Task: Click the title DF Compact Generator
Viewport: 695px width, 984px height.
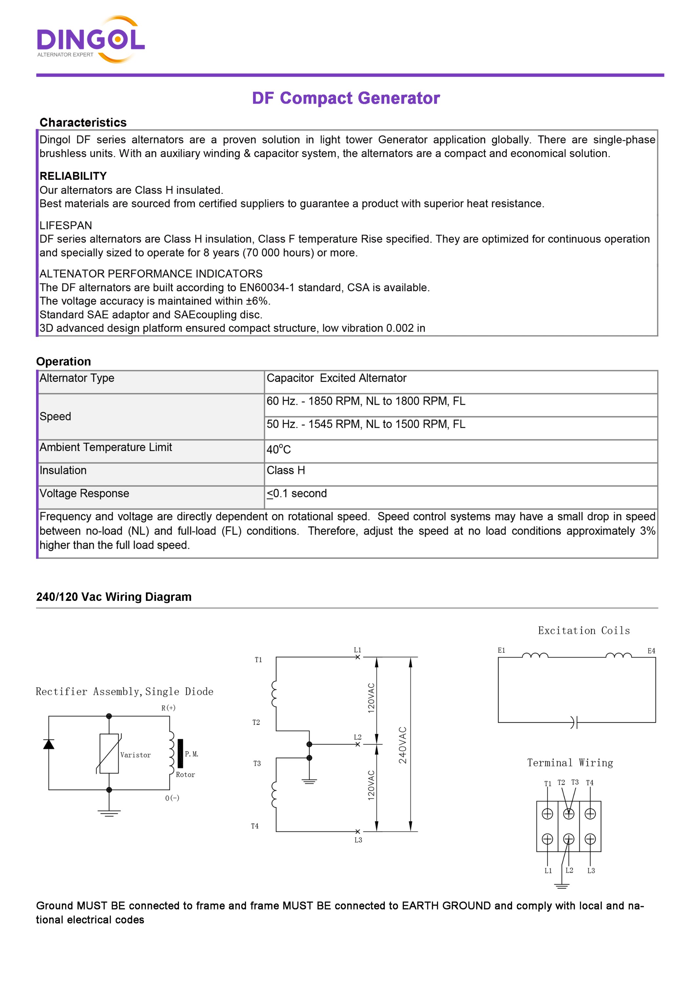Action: pos(346,98)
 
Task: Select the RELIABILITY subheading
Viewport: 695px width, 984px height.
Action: pos(73,176)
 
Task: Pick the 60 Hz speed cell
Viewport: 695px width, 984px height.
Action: pos(366,401)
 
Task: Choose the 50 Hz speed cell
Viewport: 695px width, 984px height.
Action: pos(366,424)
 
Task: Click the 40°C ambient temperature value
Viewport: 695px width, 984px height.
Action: pos(279,450)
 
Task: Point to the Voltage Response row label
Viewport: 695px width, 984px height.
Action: pos(84,493)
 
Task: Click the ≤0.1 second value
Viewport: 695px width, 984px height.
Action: pos(297,494)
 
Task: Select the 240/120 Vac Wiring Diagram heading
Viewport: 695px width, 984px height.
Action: pos(114,597)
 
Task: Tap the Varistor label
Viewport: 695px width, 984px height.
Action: pos(135,755)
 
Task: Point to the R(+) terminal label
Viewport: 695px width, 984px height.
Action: pos(168,708)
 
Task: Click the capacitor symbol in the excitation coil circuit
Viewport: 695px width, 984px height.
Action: pos(574,722)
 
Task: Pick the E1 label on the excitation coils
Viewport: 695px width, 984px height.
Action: pos(502,650)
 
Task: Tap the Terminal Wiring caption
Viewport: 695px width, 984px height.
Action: pos(570,763)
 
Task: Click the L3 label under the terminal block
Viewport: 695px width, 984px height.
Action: pos(591,871)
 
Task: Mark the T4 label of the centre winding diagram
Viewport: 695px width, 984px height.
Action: pos(255,826)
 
